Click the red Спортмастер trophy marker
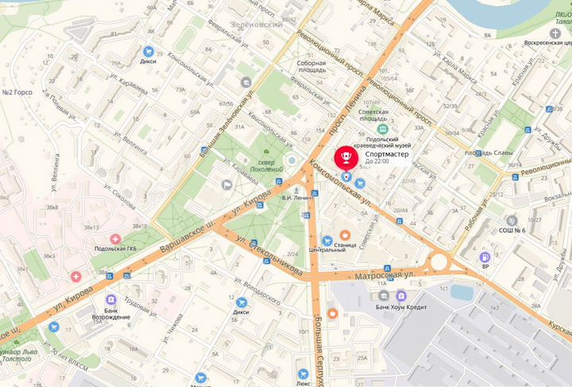(347, 155)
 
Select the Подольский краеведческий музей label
(408, 141)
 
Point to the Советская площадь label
(378, 114)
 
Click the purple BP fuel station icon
(484, 257)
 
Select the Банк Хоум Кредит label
(402, 308)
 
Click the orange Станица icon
(345, 235)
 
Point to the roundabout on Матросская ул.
(439, 261)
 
